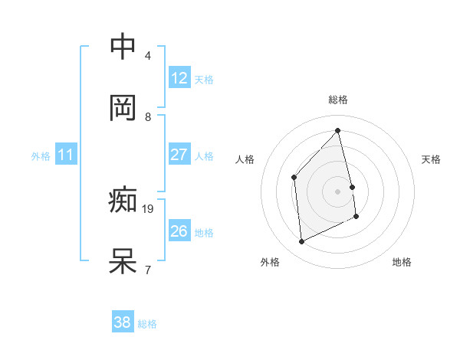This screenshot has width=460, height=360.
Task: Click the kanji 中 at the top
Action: coord(123,47)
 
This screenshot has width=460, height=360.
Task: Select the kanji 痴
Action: coord(123,200)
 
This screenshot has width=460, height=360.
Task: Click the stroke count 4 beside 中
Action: coord(148,56)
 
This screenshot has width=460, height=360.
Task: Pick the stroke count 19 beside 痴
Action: coord(149,208)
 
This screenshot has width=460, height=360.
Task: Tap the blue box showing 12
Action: coord(179,78)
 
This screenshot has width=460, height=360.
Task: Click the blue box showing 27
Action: coord(179,155)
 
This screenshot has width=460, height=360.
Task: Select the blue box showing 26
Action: coord(179,231)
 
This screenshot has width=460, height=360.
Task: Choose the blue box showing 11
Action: coord(66,155)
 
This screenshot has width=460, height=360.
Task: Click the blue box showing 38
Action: coord(123,323)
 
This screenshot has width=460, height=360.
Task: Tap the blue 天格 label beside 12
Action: coord(204,79)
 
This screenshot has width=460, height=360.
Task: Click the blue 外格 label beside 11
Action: coord(41,156)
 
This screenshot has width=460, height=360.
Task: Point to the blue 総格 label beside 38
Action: coord(147,324)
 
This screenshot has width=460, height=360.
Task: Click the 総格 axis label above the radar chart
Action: coord(338,100)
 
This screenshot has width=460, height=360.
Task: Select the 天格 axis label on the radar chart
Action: coord(432,159)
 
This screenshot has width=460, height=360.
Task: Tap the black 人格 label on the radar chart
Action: coord(245,159)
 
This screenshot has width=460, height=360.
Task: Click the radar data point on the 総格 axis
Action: coord(338,130)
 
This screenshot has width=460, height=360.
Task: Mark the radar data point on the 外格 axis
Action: coord(301,242)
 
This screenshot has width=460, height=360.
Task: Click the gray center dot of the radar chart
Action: coord(338,191)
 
